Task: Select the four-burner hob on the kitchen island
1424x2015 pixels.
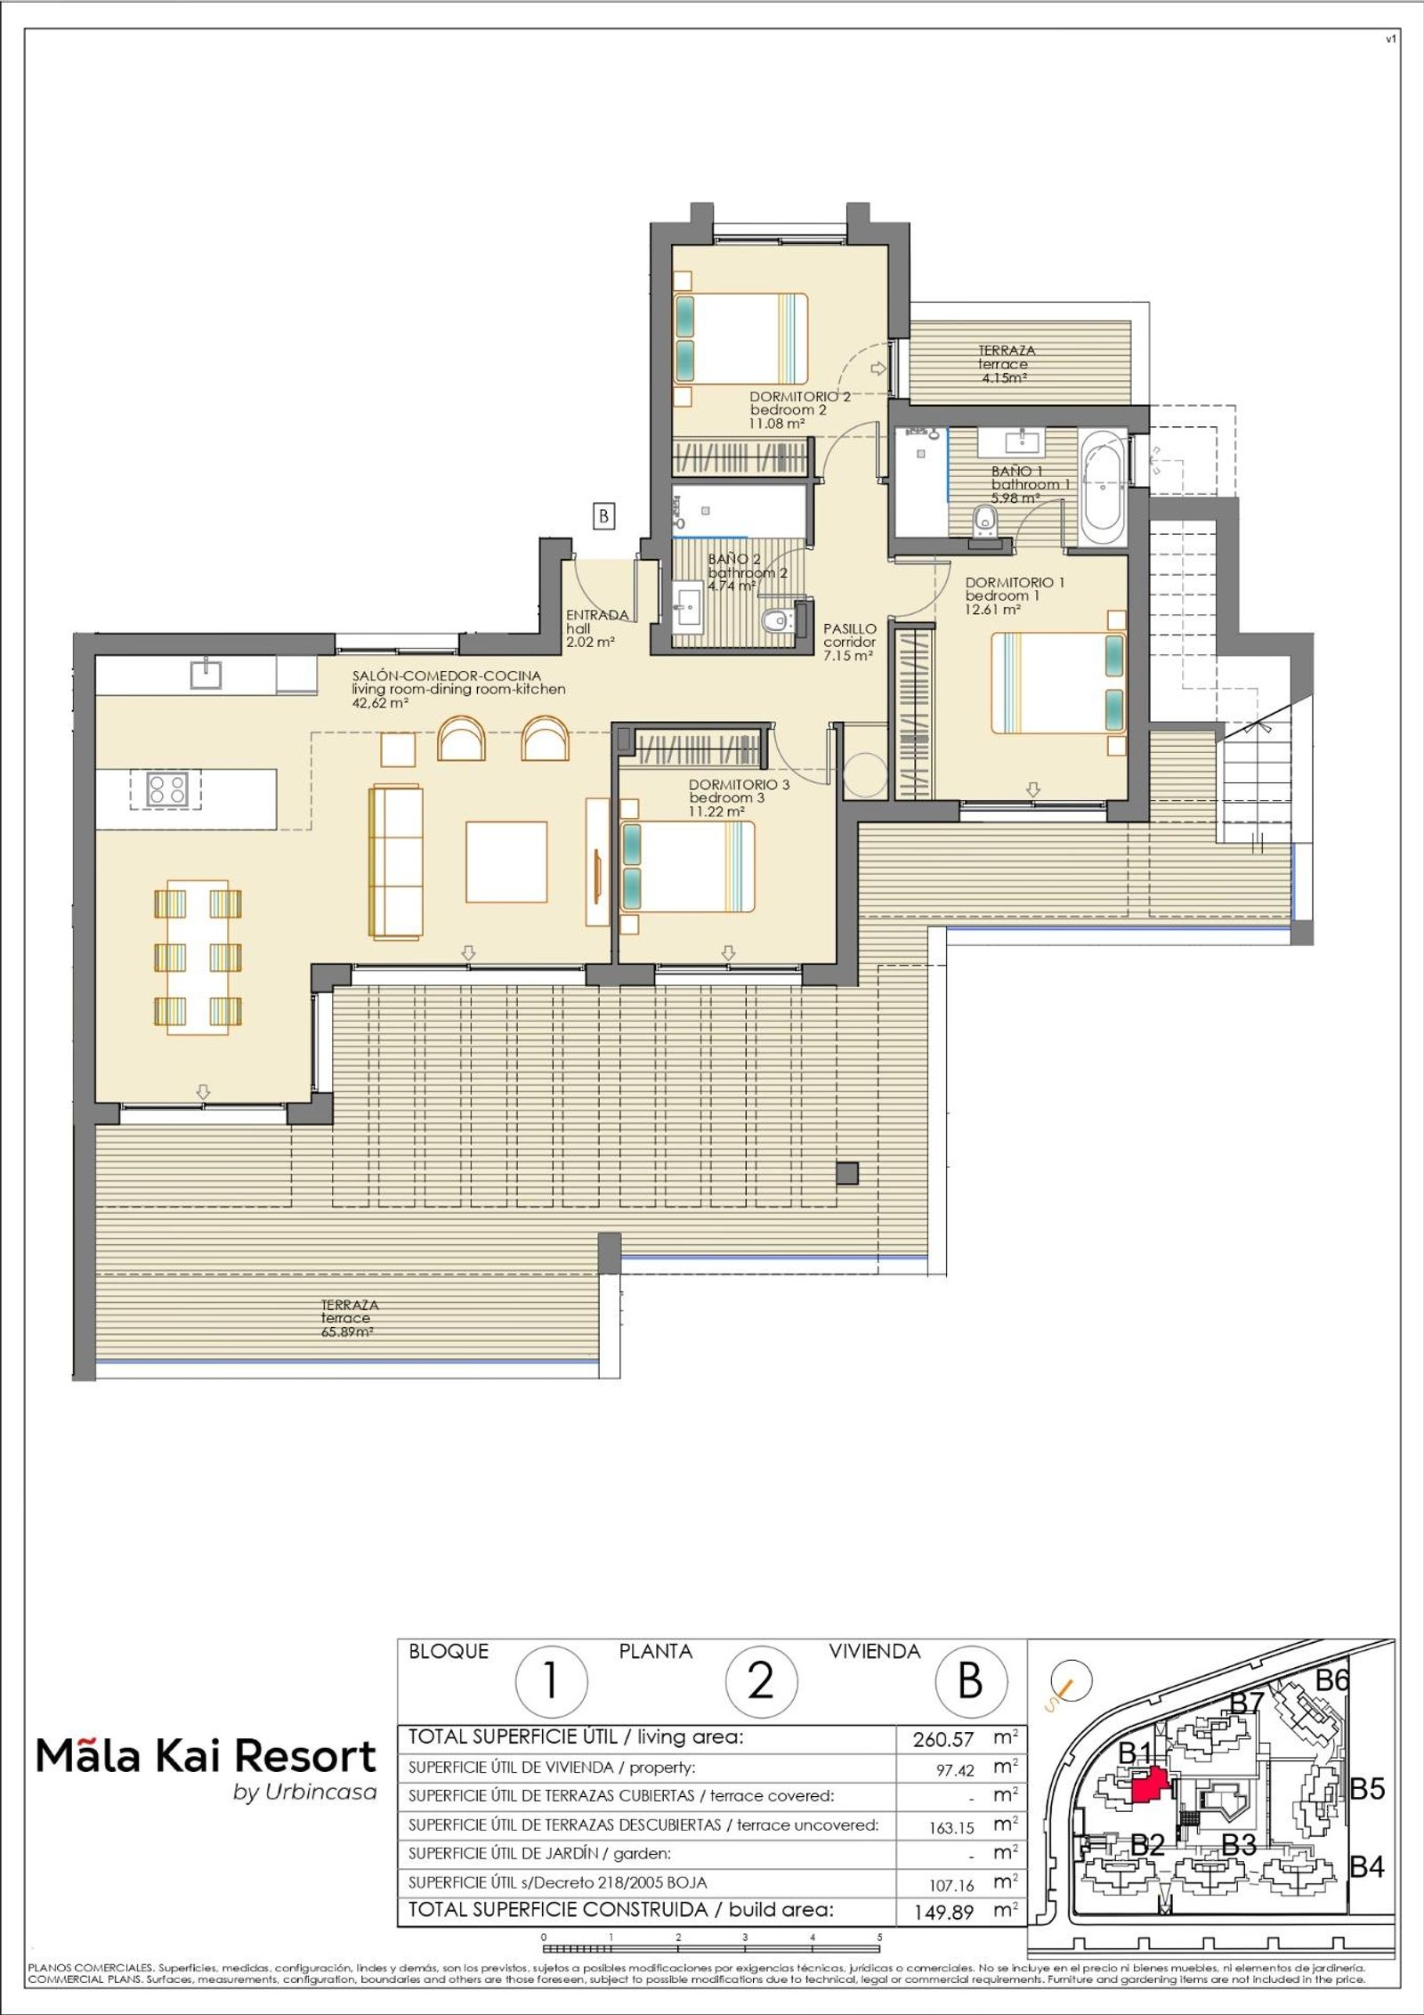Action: pos(167,789)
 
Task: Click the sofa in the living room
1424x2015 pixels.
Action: pos(395,861)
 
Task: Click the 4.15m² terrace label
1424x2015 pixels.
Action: pos(1006,364)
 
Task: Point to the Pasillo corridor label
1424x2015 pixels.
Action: pos(848,641)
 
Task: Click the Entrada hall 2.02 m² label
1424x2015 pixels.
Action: pos(596,627)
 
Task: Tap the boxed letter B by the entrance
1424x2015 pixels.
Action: pos(603,516)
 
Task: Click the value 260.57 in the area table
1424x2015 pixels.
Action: pos(943,1739)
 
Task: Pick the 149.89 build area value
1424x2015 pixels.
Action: pos(943,1912)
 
